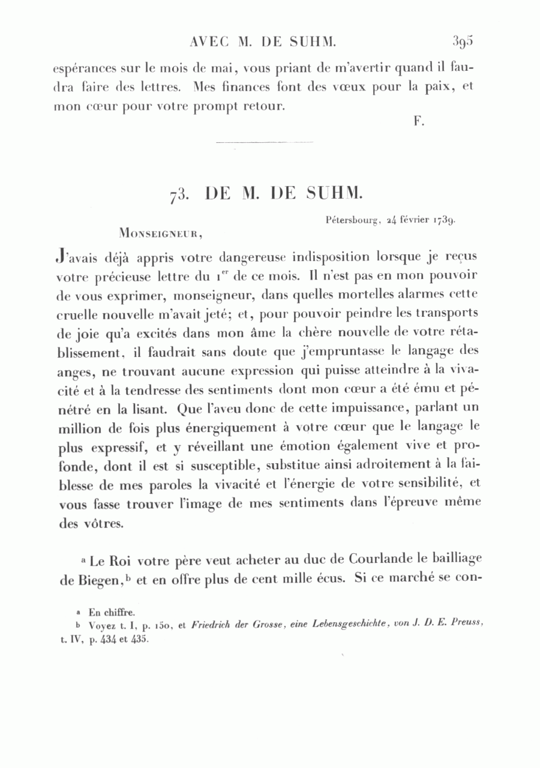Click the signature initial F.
(x=419, y=121)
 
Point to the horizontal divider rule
(x=263, y=142)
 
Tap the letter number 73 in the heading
(x=179, y=195)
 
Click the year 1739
(x=443, y=220)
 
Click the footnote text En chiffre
(x=112, y=613)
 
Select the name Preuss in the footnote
(x=468, y=624)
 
